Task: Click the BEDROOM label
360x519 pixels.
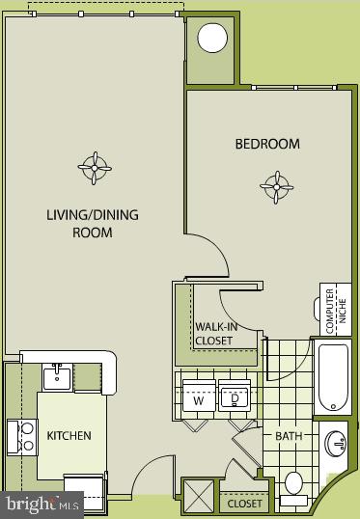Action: pyautogui.click(x=267, y=144)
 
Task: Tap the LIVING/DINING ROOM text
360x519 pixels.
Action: pyautogui.click(x=92, y=223)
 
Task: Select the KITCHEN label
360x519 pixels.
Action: pyautogui.click(x=69, y=436)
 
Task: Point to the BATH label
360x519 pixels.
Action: pyautogui.click(x=289, y=436)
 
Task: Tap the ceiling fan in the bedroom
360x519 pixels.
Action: pyautogui.click(x=277, y=185)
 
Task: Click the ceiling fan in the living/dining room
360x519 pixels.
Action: pyautogui.click(x=95, y=168)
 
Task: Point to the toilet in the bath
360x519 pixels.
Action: pyautogui.click(x=294, y=483)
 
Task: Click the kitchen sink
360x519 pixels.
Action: pyautogui.click(x=57, y=375)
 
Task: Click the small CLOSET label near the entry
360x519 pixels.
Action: pyautogui.click(x=244, y=504)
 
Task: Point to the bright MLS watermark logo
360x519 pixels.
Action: pyautogui.click(x=43, y=504)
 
